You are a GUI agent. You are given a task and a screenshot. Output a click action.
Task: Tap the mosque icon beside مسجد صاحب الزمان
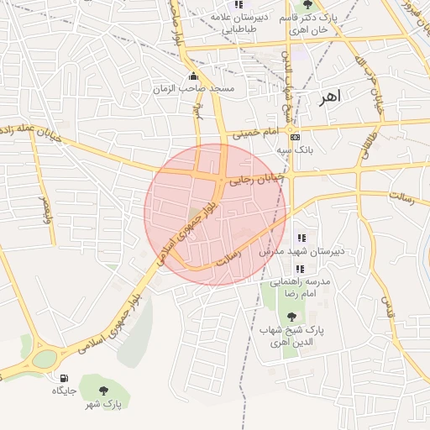(194, 77)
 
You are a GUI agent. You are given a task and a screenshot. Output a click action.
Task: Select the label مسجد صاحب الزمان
(194, 88)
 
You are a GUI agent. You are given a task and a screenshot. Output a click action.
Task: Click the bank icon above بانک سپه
(294, 137)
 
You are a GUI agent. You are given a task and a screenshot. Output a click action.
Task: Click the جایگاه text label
(65, 391)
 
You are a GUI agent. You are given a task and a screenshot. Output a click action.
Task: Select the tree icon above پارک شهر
(103, 391)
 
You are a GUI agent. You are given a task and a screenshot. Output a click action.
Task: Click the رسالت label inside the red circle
(229, 256)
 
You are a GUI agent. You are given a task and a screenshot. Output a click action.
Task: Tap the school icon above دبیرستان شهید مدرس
(302, 239)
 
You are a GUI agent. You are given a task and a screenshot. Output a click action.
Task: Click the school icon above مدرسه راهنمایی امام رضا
(300, 269)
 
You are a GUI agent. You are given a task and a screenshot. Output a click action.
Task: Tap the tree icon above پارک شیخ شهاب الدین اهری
(291, 317)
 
